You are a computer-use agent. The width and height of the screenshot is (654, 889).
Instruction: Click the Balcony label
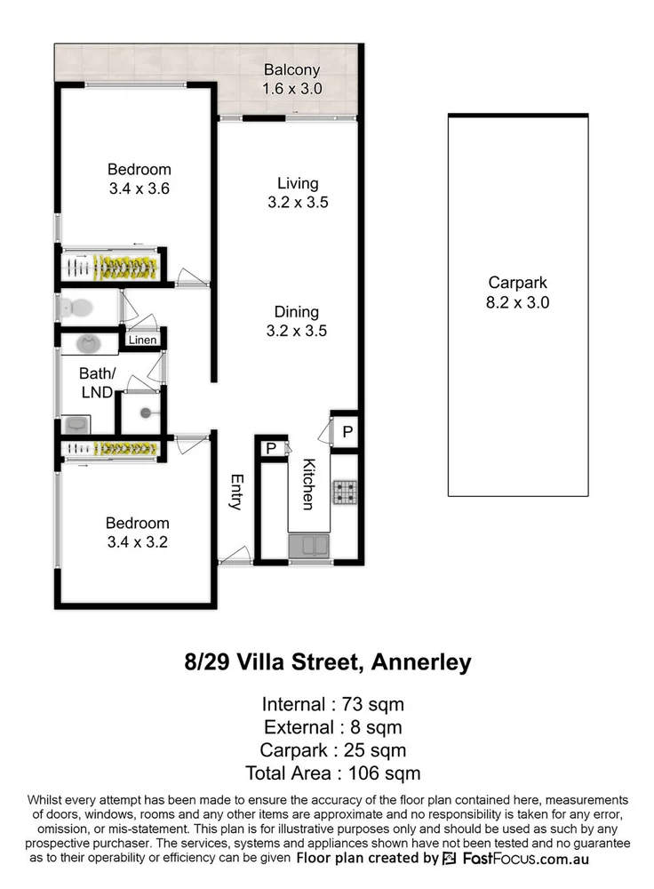point(291,70)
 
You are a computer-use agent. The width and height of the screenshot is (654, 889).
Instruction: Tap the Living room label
point(298,184)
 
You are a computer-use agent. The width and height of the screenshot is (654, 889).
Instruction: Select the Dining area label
point(297,312)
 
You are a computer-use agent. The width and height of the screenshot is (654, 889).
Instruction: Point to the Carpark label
point(518,284)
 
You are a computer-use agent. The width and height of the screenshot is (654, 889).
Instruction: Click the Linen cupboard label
point(143,340)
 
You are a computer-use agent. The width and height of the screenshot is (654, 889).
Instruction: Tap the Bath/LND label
point(95,382)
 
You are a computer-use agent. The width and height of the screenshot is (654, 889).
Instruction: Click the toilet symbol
point(76,308)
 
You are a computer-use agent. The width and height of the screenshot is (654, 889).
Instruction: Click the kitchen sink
point(308,545)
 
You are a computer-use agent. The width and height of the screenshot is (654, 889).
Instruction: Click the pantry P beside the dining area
point(347,432)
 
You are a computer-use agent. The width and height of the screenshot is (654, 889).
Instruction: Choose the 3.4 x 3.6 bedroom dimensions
point(139,188)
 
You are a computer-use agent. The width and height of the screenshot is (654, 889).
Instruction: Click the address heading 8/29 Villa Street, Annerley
point(327,662)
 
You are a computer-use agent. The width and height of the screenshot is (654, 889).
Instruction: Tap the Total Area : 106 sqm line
point(327,773)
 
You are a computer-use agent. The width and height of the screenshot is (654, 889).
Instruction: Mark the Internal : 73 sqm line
point(332,705)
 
